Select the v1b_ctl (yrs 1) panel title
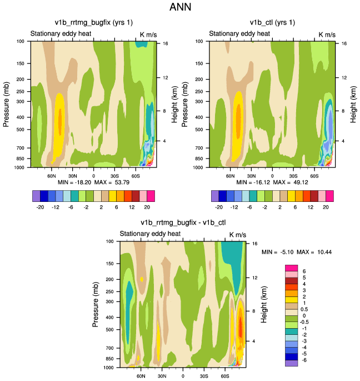coord(272,22)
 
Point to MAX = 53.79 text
coord(117,182)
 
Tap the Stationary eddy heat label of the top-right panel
coord(240,34)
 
